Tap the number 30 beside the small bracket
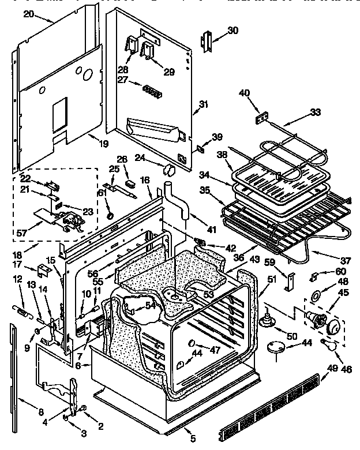(x=232, y=31)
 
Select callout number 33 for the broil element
(x=315, y=112)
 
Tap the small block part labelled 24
(x=169, y=169)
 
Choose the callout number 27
(x=122, y=80)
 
